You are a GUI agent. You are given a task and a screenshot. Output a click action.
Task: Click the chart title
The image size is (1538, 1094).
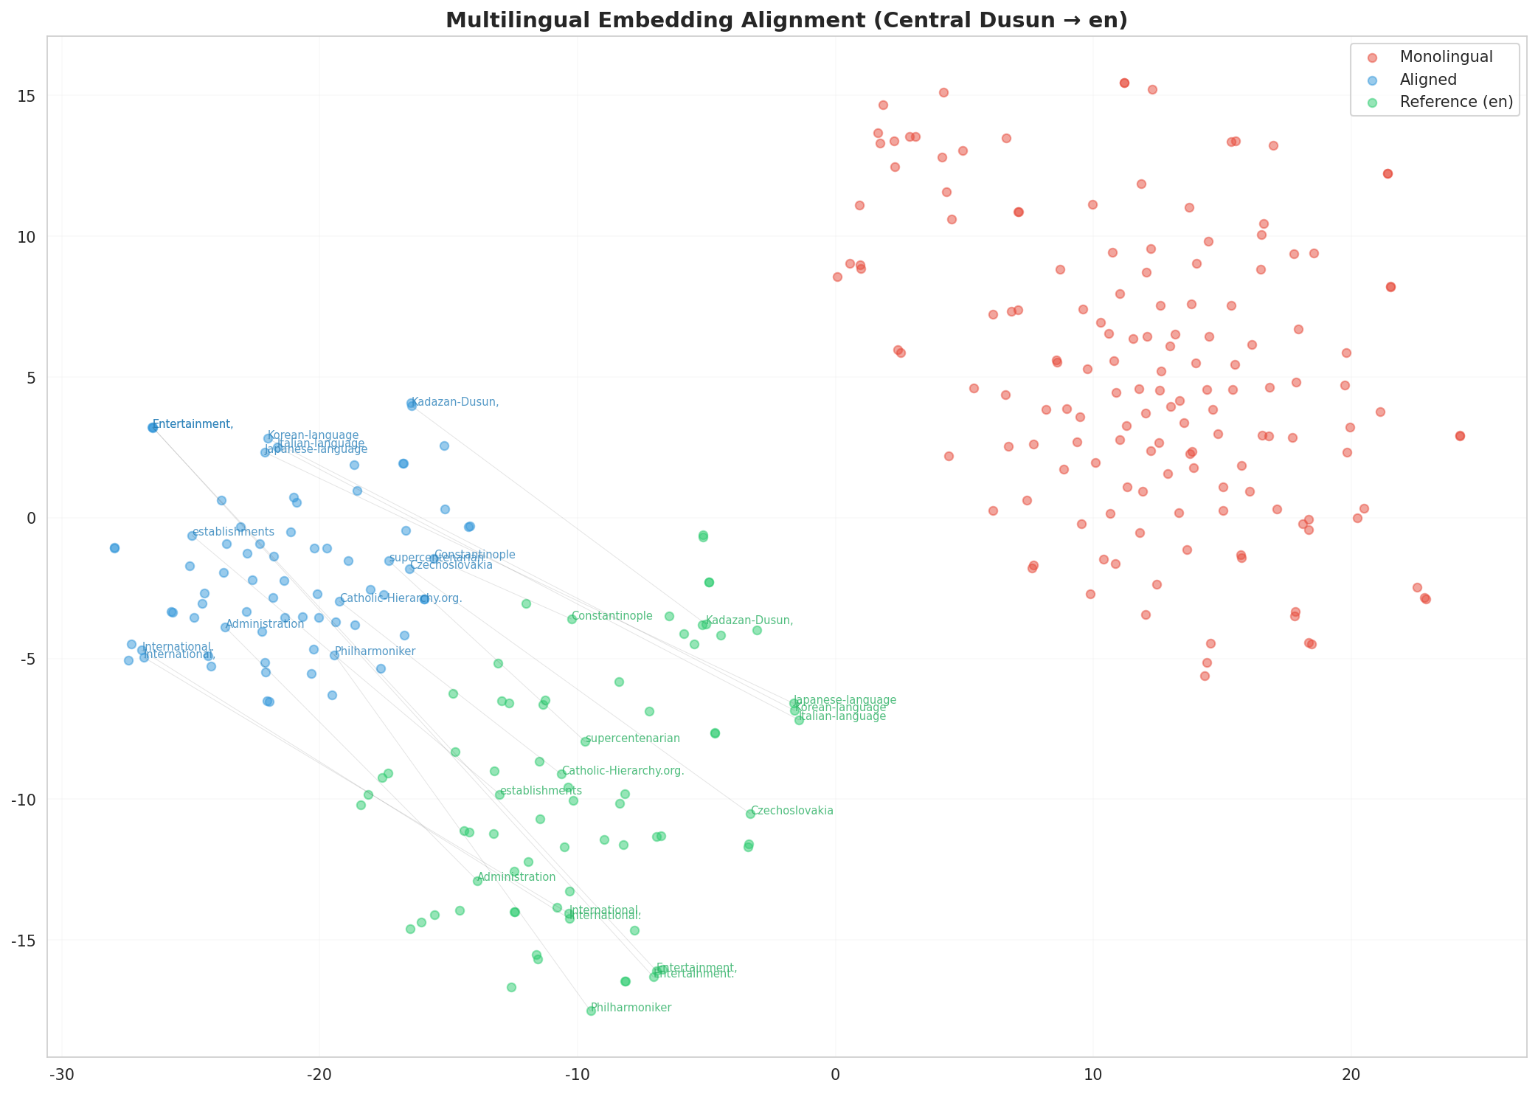click(786, 21)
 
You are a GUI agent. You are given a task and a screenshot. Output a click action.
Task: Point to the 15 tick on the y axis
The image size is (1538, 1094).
click(27, 97)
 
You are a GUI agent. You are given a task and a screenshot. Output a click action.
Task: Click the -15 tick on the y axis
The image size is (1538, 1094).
click(24, 941)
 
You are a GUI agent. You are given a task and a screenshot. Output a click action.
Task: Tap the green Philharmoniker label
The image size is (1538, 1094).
click(631, 1008)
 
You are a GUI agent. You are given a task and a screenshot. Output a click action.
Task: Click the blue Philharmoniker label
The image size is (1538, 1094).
click(375, 651)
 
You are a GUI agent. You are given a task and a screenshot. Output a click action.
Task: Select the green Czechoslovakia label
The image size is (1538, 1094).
click(792, 811)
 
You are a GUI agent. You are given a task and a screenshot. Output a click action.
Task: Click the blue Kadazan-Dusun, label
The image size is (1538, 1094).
click(455, 402)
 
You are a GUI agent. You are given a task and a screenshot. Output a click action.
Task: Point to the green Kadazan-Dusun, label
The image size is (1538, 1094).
click(749, 620)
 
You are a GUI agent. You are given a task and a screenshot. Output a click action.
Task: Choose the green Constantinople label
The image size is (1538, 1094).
click(612, 616)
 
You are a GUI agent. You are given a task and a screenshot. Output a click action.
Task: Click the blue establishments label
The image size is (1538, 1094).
click(233, 532)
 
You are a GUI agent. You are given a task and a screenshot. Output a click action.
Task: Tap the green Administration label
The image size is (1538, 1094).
click(516, 877)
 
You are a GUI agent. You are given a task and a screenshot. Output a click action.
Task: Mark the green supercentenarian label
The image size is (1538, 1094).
click(633, 738)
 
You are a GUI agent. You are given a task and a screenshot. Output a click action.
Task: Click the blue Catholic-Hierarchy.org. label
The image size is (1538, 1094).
click(401, 598)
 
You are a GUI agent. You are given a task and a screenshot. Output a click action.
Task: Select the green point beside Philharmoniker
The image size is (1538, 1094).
click(591, 1011)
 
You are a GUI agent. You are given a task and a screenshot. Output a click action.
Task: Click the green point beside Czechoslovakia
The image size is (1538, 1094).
click(750, 814)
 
